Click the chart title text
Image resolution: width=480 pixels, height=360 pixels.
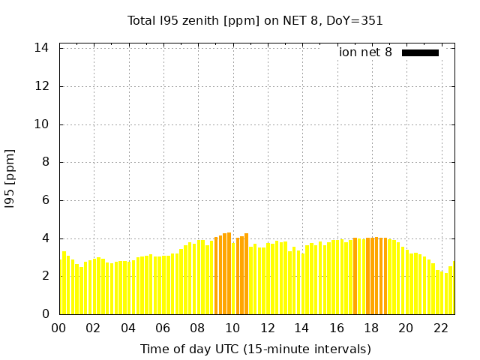255,20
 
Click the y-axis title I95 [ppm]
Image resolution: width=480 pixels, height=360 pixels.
10,178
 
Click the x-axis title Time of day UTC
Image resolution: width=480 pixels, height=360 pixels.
255,349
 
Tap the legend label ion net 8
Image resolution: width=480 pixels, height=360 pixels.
365,52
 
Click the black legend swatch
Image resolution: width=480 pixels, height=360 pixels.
420,52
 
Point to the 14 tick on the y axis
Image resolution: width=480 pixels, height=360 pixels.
42,48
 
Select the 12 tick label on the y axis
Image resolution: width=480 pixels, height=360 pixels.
42,86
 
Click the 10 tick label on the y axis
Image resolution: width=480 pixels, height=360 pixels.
42,124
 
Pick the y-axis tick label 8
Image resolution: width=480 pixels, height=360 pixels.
46,162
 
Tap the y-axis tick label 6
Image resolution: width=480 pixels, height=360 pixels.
46,200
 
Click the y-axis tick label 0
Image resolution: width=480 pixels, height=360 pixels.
46,314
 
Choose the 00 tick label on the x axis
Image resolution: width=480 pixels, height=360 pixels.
58,328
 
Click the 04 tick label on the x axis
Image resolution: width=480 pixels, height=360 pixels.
128,328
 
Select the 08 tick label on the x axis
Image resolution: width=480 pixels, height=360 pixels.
197,328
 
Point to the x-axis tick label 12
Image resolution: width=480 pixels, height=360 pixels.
267,328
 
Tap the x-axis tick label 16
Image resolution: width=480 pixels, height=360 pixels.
336,328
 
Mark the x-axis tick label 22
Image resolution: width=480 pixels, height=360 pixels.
440,328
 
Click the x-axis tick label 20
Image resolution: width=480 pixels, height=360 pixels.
406,328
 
